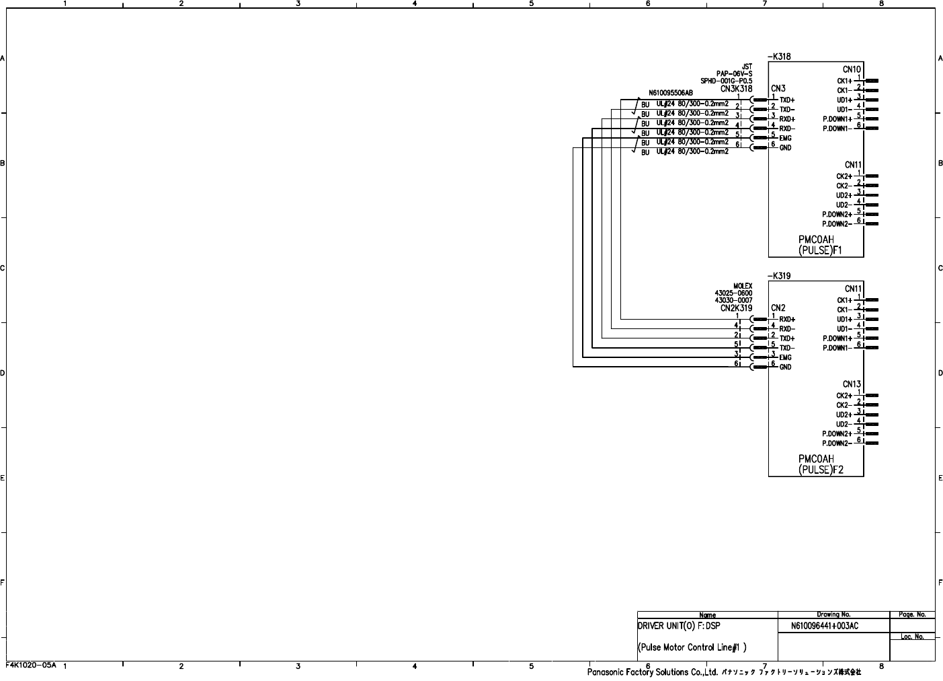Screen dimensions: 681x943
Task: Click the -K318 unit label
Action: tap(779, 57)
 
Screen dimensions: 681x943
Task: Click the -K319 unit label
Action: tap(779, 276)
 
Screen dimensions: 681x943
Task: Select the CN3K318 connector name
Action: tap(736, 88)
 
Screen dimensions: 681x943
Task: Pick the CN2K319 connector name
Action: tap(736, 308)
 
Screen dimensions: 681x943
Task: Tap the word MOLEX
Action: tap(743, 286)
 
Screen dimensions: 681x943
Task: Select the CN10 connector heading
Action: tap(852, 69)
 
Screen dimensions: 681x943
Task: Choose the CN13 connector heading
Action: tap(852, 385)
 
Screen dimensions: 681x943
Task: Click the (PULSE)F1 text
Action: tap(820, 250)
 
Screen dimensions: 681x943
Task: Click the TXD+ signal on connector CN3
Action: tap(787, 100)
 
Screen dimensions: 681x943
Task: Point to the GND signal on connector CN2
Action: tap(785, 367)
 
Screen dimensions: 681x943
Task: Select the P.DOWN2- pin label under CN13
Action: tap(837, 443)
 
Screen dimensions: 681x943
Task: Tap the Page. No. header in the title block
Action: tap(912, 614)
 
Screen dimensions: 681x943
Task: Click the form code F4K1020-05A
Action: tap(31, 665)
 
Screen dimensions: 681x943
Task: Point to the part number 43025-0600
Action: tap(733, 293)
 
